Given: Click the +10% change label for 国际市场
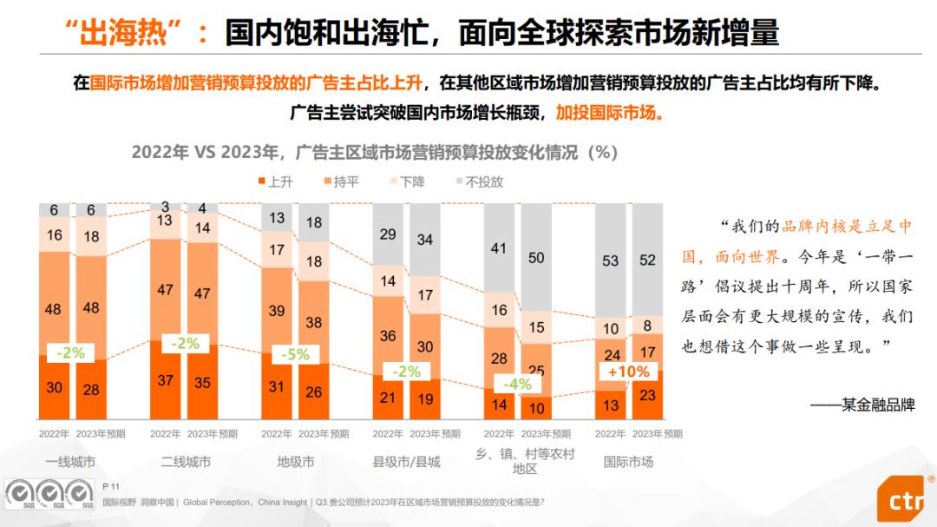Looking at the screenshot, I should tap(629, 372).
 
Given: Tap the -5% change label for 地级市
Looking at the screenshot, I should tap(295, 354).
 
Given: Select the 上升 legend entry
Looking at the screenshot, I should tap(275, 182).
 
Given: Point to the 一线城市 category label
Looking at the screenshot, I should tap(71, 462).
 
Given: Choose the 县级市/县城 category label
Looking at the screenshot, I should tap(406, 462).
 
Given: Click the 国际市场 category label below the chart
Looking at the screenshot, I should tap(629, 462).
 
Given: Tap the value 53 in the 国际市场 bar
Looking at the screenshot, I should tap(611, 261).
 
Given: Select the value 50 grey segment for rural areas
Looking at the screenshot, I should tap(536, 258).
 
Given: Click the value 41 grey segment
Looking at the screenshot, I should tap(499, 248).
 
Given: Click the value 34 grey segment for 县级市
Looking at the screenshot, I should tap(425, 240).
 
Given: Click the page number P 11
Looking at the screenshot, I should tap(110, 487).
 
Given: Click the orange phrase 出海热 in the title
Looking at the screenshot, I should tap(128, 33).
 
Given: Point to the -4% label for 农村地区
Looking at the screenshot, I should tap(518, 384).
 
